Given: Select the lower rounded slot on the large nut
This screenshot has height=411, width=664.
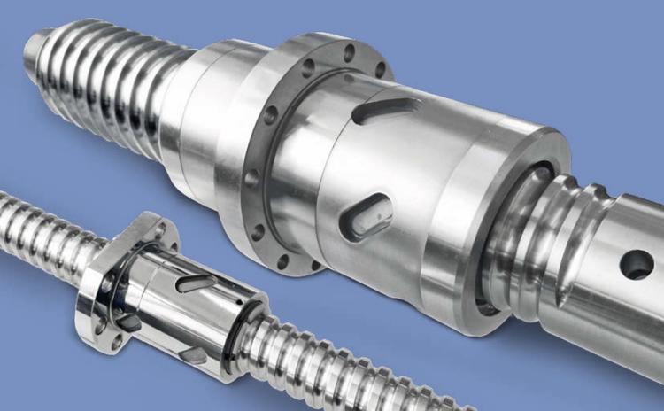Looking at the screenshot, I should [369, 217].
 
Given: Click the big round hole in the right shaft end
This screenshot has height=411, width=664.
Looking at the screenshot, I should [636, 263].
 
